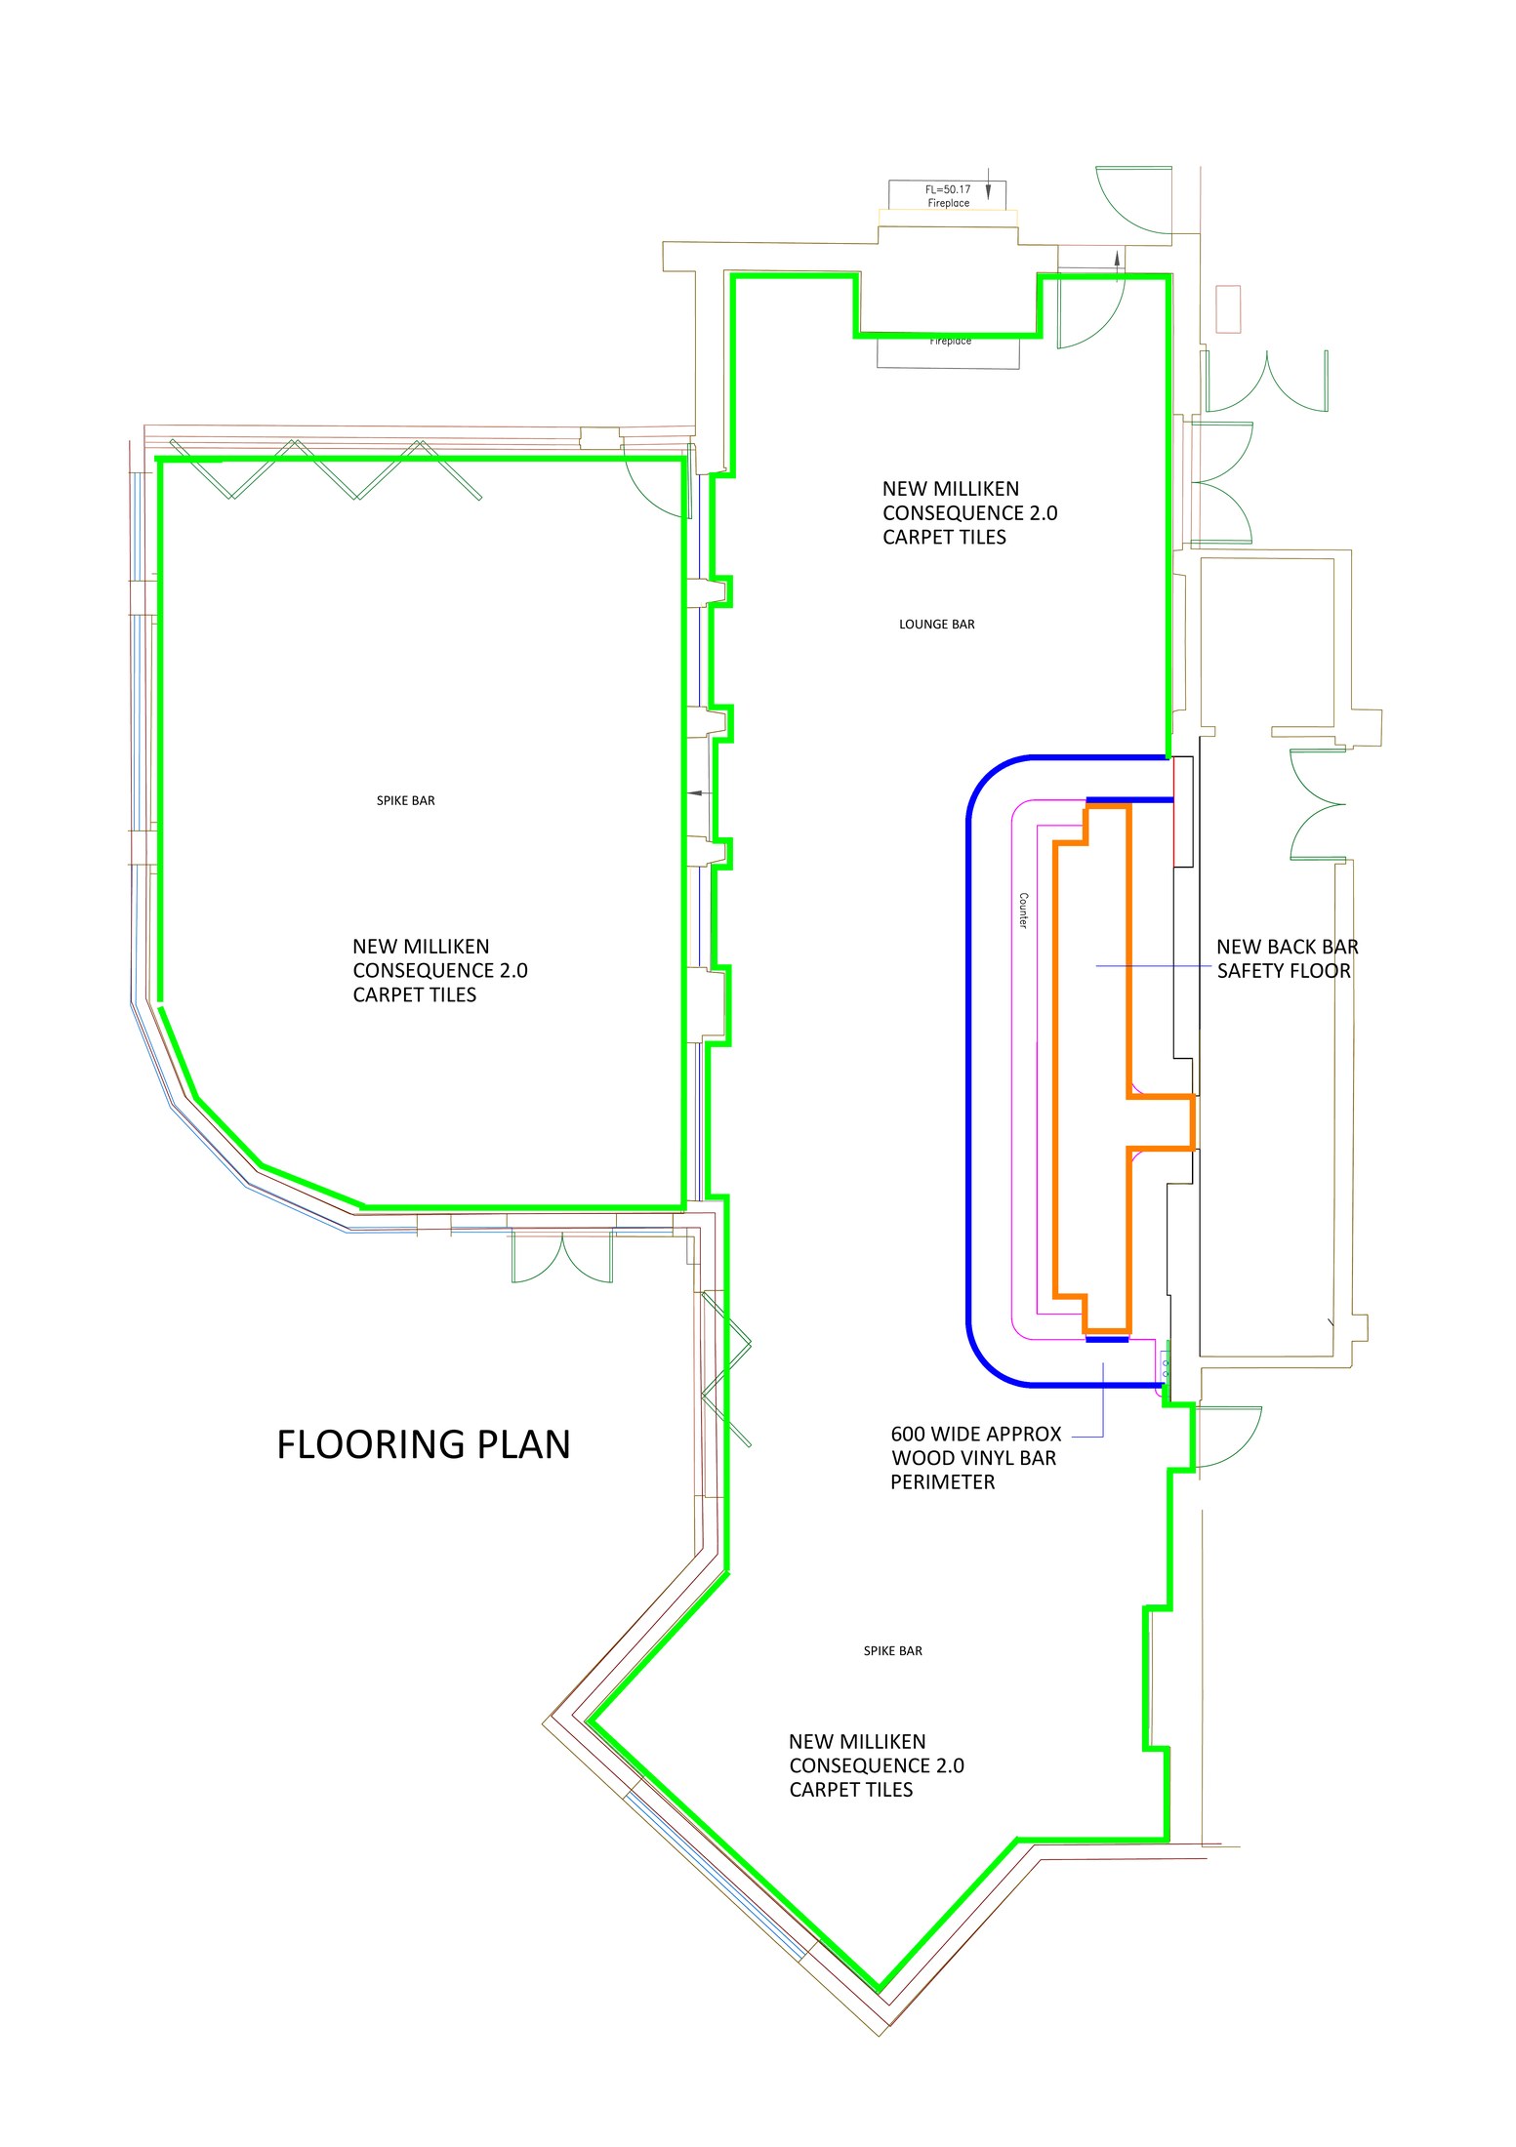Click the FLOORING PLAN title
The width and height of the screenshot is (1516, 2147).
click(424, 1444)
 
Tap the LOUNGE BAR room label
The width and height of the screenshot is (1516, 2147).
click(936, 625)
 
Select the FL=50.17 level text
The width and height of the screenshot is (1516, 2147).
click(948, 189)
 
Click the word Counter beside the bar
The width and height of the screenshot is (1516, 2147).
click(1023, 911)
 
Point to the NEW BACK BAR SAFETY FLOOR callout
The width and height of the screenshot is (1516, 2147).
click(1287, 958)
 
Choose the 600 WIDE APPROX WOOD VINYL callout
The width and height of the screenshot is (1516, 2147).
click(975, 1458)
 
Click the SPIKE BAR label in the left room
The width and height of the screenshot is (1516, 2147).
click(405, 801)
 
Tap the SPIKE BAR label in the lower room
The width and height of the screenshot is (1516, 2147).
click(892, 1651)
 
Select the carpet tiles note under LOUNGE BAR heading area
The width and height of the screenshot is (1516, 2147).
click(969, 513)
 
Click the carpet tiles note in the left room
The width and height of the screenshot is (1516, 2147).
click(439, 971)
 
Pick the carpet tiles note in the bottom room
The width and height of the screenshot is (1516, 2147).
click(876, 1765)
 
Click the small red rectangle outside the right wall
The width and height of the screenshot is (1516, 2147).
click(1228, 309)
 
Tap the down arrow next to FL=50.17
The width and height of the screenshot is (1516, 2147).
click(988, 189)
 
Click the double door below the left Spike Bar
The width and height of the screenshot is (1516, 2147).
click(562, 1256)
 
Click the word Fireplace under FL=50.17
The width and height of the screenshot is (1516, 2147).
click(948, 203)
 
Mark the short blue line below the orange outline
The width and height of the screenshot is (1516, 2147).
click(1107, 1340)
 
